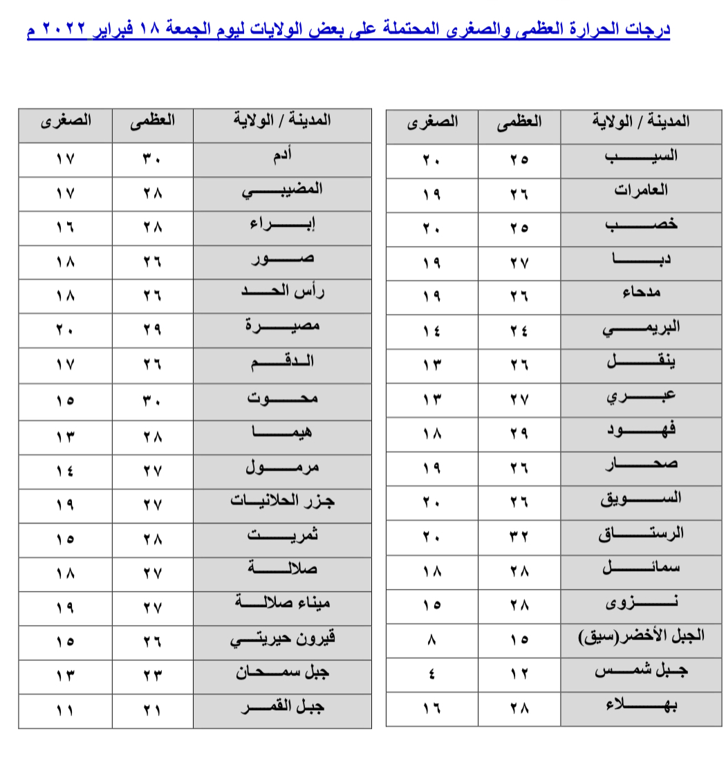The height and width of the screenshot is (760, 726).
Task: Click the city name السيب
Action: [641, 156]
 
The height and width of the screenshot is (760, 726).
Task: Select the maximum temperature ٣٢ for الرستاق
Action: [519, 536]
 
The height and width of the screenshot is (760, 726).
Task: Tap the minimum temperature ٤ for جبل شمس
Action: [431, 673]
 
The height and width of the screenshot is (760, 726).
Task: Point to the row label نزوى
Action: [641, 604]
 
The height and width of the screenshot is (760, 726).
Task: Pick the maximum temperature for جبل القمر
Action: [153, 710]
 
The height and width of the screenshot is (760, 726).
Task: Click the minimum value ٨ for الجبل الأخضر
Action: [431, 639]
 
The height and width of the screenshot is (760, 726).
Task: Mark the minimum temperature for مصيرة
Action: [65, 330]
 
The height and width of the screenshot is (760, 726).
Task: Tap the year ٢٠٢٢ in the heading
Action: [63, 31]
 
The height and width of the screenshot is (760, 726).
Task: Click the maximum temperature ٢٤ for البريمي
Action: [519, 331]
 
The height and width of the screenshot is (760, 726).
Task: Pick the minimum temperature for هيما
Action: [65, 436]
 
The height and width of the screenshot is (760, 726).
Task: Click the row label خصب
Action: [641, 225]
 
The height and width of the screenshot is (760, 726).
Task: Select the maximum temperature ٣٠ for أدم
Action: [153, 158]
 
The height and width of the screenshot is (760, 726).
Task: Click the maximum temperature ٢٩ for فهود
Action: [519, 434]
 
